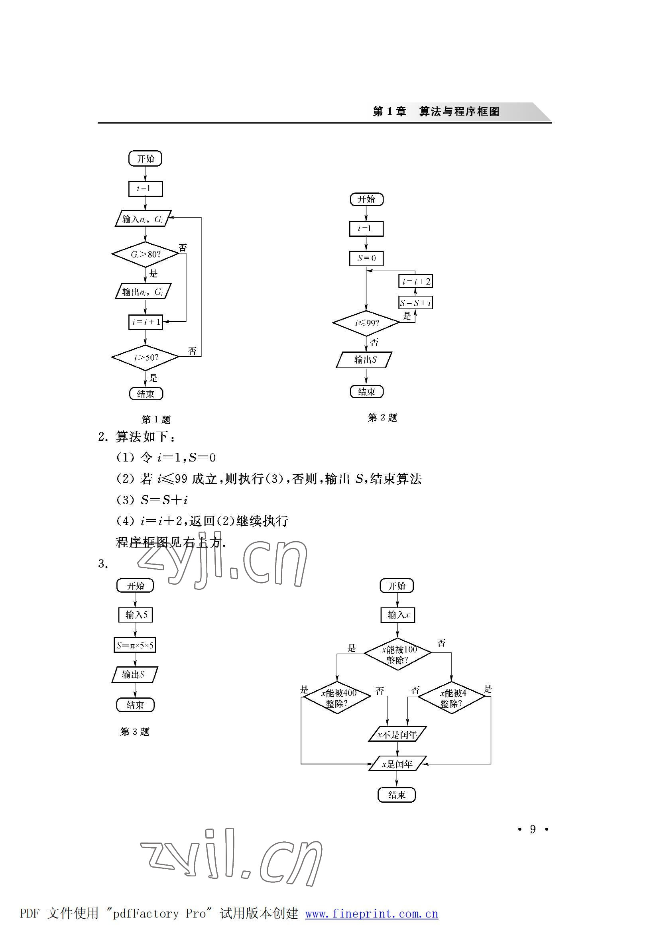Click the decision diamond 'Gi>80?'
(x=145, y=254)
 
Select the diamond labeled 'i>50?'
(x=145, y=357)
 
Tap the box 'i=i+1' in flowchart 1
(x=146, y=322)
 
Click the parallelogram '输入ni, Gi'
(x=143, y=219)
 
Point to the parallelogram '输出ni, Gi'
(x=143, y=292)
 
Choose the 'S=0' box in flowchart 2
(x=366, y=258)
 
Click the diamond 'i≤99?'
(x=366, y=323)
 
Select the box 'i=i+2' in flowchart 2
(x=415, y=281)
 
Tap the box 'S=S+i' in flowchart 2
(x=415, y=302)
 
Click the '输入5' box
(x=136, y=615)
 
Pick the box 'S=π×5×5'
(x=135, y=645)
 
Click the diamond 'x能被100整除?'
(x=397, y=654)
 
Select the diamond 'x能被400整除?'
(x=337, y=698)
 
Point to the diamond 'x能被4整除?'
(x=451, y=698)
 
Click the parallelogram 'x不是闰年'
(x=397, y=734)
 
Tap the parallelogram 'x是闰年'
(x=397, y=764)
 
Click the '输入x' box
(x=398, y=615)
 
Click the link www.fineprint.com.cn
(x=372, y=913)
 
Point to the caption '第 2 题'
(x=382, y=417)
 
